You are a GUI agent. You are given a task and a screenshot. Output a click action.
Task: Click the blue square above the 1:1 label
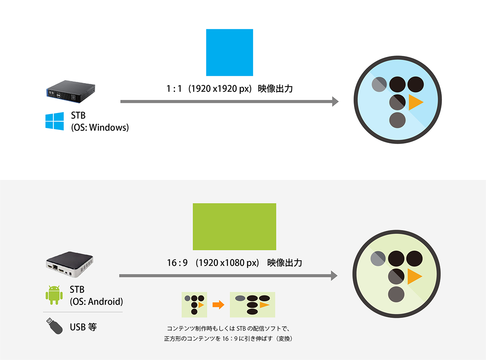tap(229, 52)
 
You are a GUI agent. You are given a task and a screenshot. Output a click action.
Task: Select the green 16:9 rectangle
tap(234, 226)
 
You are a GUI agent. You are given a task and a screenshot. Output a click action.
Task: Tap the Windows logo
tap(55, 121)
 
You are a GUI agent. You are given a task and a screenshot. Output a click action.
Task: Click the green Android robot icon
tap(54, 295)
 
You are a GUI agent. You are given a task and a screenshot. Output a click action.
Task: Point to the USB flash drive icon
tap(54, 326)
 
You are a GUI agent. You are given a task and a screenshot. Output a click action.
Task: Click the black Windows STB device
tap(71, 92)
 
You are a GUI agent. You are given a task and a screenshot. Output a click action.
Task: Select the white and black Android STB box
tap(70, 264)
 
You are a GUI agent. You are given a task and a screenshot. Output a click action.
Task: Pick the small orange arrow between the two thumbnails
tap(218, 305)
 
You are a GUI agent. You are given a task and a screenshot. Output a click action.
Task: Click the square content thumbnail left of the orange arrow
tap(194, 305)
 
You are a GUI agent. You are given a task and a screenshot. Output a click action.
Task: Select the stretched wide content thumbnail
tap(252, 305)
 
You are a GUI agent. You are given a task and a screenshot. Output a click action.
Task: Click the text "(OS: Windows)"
tap(100, 128)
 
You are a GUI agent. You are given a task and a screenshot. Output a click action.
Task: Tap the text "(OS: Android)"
tap(96, 302)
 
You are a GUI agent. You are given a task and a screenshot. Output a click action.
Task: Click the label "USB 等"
tap(83, 327)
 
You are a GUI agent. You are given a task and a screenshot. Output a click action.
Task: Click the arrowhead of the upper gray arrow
tap(335, 102)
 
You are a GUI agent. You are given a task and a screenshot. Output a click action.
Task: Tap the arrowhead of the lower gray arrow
tap(334, 276)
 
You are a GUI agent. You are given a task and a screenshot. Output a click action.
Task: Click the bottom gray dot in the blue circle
tap(397, 120)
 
